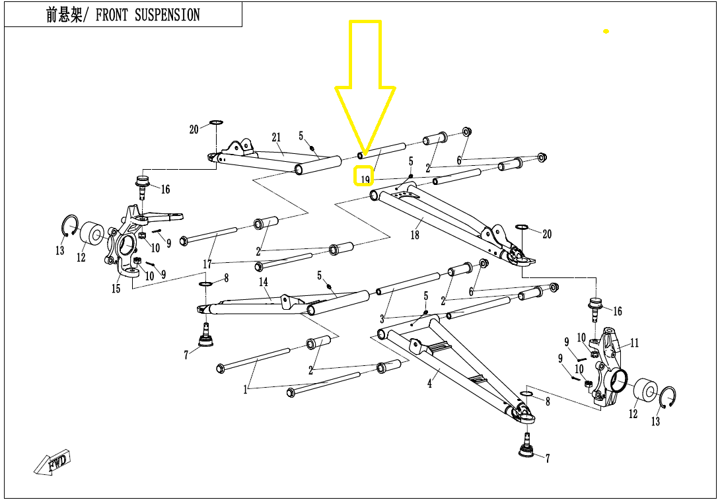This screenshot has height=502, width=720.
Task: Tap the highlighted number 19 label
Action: (365, 177)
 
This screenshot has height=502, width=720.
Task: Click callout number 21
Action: (276, 138)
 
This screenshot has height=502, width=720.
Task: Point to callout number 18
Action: (415, 235)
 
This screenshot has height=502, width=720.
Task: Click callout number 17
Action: (207, 264)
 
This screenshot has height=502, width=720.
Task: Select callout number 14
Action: (264, 282)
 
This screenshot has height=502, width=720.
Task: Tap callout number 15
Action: (116, 289)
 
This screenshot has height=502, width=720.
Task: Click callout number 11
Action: (634, 343)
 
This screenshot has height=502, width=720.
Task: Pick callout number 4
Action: (429, 384)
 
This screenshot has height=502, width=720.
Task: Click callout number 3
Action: (382, 319)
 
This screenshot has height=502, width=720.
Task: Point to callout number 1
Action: (245, 390)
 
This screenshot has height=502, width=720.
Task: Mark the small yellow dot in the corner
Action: (606, 32)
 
